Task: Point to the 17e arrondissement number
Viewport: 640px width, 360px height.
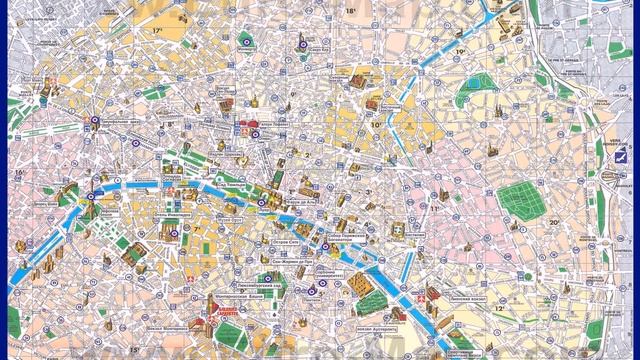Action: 157,31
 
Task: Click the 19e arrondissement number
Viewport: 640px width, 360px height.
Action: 460,51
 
